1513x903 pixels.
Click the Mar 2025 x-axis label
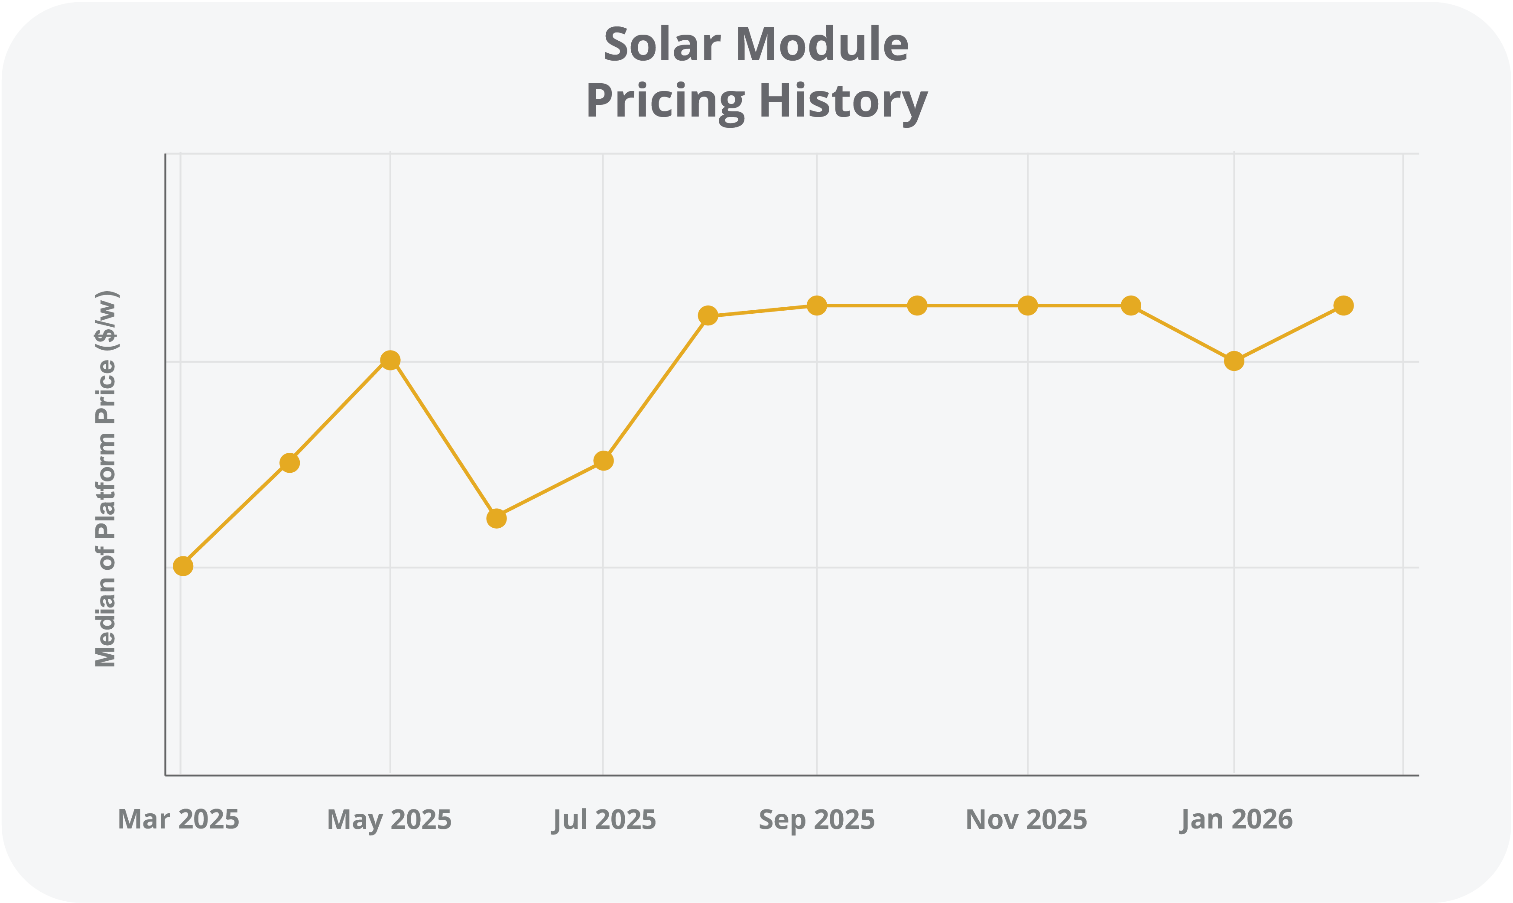tap(178, 820)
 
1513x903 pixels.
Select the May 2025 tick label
tap(390, 820)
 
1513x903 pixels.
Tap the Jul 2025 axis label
tap(604, 820)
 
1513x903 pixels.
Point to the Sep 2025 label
tap(816, 820)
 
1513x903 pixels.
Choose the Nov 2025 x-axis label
tap(1026, 820)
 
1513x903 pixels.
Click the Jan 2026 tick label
tap(1236, 820)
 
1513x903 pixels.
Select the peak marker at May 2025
tap(390, 360)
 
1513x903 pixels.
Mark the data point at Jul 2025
tap(603, 461)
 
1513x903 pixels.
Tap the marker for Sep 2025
tap(816, 305)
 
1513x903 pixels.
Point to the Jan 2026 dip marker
tap(1234, 361)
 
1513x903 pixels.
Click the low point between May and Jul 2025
tap(497, 518)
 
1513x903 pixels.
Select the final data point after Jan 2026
tap(1343, 305)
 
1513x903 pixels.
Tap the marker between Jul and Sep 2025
tap(708, 315)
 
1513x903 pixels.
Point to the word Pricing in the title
tap(665, 101)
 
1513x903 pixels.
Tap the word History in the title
tap(843, 101)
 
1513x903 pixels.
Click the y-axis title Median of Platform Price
tap(106, 478)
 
